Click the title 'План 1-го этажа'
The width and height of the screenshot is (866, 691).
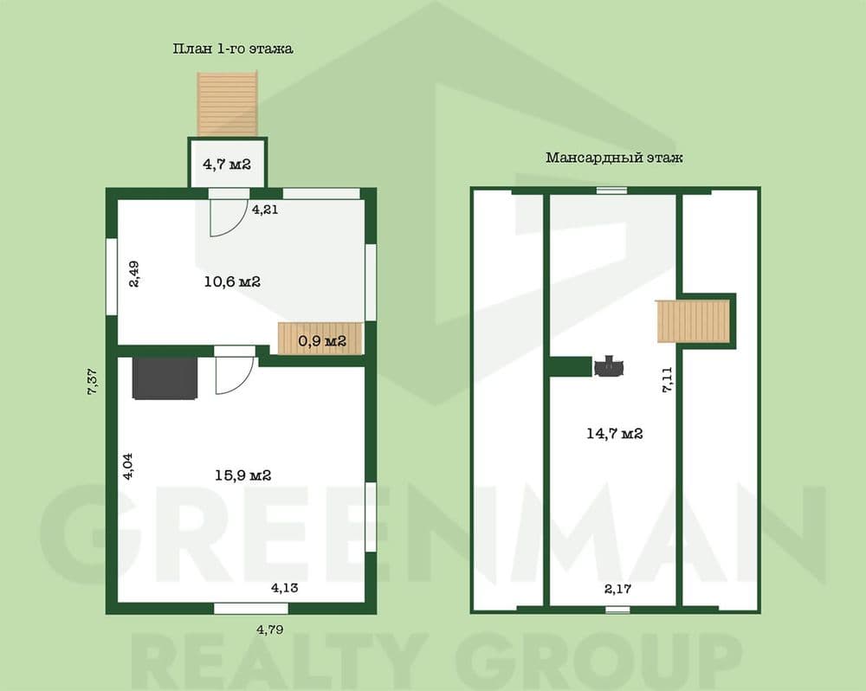coord(233,49)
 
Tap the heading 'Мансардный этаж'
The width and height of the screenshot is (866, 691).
coord(614,158)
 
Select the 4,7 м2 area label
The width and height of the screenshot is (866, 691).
coord(227,163)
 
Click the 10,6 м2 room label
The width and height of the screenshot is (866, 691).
coord(231,281)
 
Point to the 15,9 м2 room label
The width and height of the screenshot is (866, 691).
coord(243,475)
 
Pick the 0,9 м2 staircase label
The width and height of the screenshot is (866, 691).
coord(322,340)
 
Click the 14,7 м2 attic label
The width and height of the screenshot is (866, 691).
coord(614,434)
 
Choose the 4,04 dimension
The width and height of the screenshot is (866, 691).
coord(128,465)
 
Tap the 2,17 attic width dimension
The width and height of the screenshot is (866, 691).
coord(618,589)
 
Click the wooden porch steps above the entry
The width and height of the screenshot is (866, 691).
coord(228,103)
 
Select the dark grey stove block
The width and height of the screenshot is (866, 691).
coord(165,378)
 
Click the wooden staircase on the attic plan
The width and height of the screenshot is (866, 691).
coord(694,321)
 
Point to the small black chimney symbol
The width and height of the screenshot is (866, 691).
coord(610,365)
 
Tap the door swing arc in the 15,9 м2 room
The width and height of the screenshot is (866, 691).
coord(234,376)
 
